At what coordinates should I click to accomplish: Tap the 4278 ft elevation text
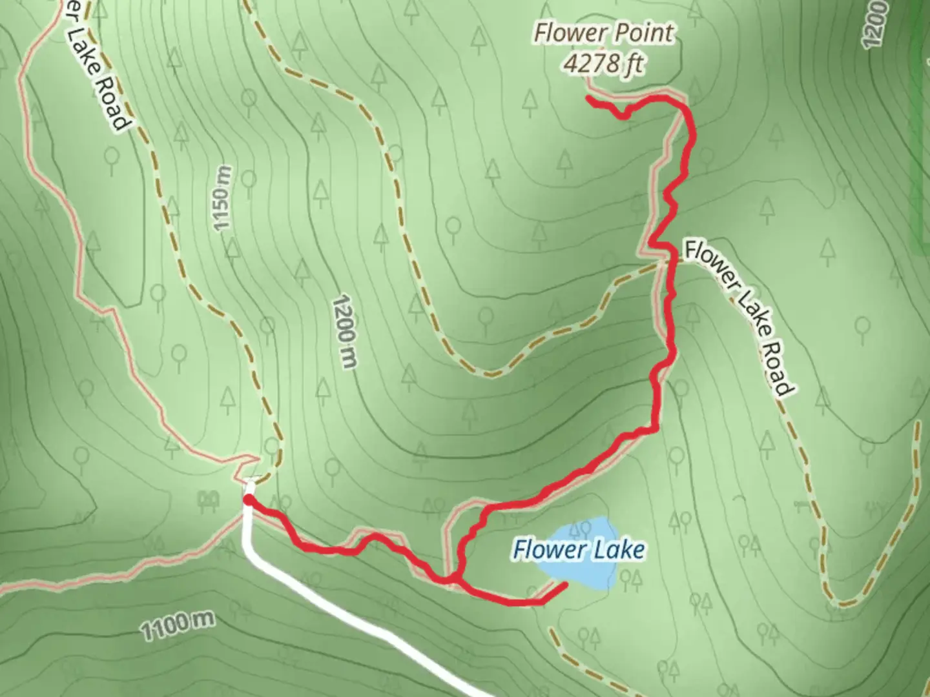click(x=604, y=64)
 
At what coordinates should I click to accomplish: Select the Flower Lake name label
click(x=578, y=550)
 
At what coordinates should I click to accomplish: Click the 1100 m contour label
click(x=177, y=625)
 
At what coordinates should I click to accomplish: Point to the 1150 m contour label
click(x=222, y=197)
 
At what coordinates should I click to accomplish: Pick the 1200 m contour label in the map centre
click(x=344, y=332)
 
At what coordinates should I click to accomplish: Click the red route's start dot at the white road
click(x=248, y=499)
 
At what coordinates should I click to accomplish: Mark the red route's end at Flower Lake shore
click(x=565, y=585)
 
